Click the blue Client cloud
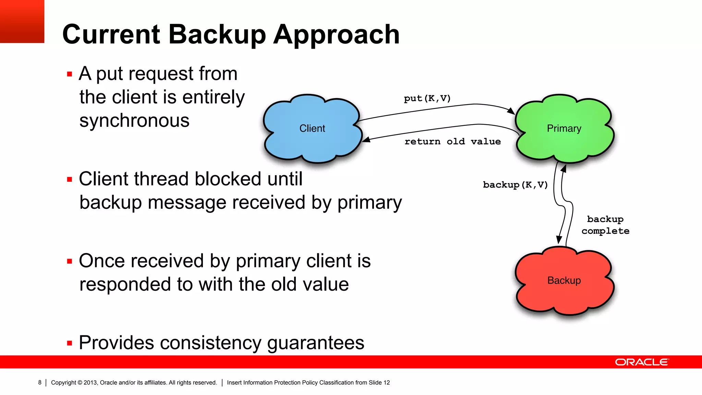coord(312,128)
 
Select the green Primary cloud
coord(564,128)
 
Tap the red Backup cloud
coord(564,280)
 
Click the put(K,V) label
coord(427,98)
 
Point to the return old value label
coord(452,142)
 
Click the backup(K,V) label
coord(515,185)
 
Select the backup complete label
coord(605,225)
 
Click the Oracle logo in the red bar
coord(642,362)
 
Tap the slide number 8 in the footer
coord(40,382)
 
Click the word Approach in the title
coord(336,34)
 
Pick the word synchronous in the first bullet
coord(134,121)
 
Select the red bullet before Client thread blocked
coord(70,179)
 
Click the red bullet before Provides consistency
coord(70,343)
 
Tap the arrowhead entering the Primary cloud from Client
coord(511,111)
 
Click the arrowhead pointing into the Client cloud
coord(366,139)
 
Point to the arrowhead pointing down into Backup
coord(559,240)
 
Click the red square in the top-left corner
coord(22,21)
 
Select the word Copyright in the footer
coord(63,382)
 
